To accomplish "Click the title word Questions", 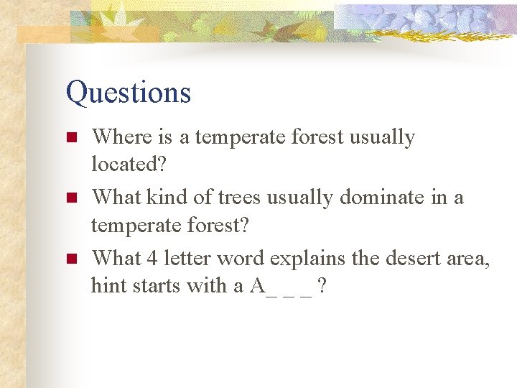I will pos(129,93).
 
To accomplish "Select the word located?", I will pos(129,165).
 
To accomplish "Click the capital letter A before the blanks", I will pos(257,286).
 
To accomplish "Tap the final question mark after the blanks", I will pos(323,286).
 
